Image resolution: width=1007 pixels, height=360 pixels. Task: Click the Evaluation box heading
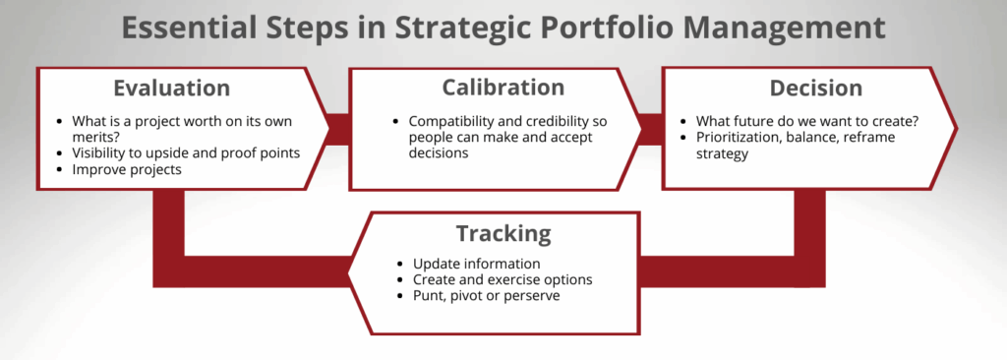point(171,88)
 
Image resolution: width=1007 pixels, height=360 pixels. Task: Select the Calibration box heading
point(489,88)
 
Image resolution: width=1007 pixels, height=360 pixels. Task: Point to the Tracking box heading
point(503,233)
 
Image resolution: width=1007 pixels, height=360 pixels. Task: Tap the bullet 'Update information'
point(476,264)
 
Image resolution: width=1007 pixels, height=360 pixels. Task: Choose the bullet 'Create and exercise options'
point(502,279)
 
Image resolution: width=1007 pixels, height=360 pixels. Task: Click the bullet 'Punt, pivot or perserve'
point(486,295)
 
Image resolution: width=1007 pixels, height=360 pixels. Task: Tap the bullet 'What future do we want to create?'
point(805,121)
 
